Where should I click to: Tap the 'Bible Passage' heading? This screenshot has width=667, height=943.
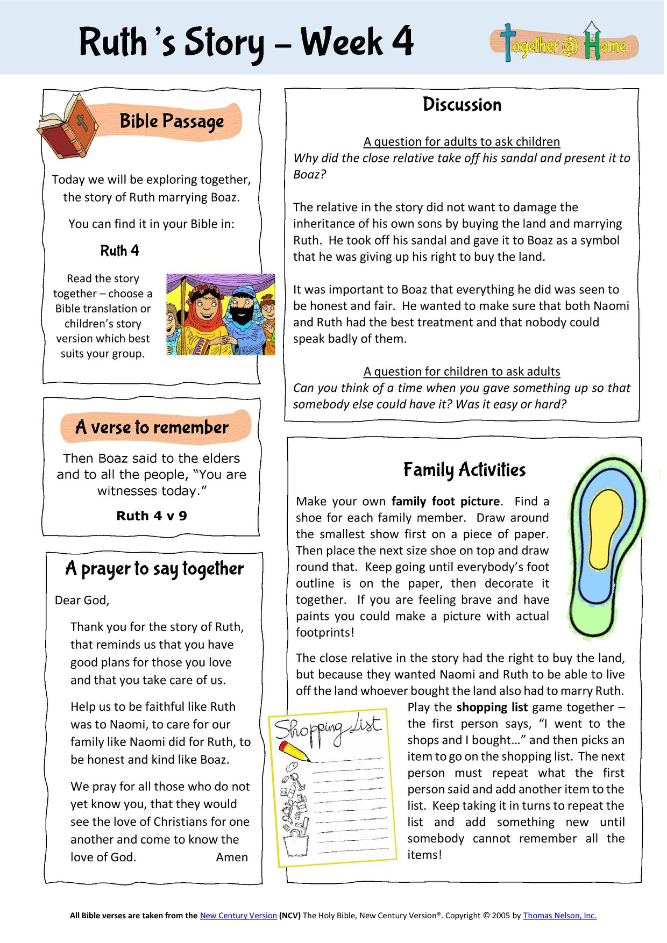[x=172, y=122]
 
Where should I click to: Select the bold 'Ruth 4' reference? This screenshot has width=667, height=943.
[x=119, y=251]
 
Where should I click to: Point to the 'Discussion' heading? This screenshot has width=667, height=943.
[x=462, y=104]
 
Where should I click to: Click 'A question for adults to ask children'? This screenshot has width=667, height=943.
[x=462, y=141]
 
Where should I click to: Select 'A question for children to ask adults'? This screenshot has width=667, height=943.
[x=462, y=372]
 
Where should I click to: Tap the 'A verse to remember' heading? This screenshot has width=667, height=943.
[x=152, y=427]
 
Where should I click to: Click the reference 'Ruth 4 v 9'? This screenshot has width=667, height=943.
[x=152, y=516]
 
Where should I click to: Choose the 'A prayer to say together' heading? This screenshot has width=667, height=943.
[x=154, y=569]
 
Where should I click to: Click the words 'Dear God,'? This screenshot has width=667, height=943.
[x=82, y=601]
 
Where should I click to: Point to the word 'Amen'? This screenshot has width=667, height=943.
[x=232, y=858]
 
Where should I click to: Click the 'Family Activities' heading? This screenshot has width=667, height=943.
[x=464, y=470]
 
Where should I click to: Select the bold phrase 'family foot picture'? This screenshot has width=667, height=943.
[x=445, y=502]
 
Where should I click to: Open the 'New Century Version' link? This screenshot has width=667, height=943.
[x=238, y=916]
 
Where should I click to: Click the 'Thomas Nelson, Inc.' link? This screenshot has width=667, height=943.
[x=559, y=916]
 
